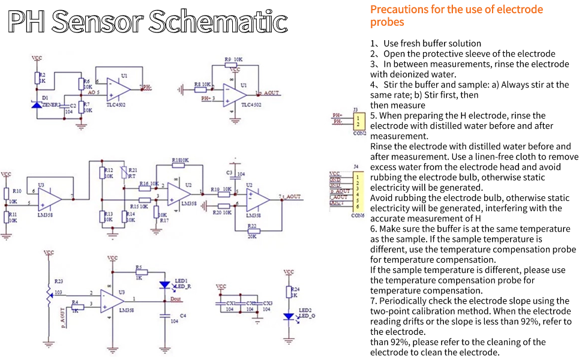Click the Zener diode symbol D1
(37, 104)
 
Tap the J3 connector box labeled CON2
(358, 121)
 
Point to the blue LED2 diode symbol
(289, 316)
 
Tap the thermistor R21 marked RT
(124, 173)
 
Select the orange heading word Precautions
(398, 10)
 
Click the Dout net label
(176, 298)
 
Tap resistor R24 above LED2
(289, 292)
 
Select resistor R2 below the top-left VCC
(37, 77)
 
